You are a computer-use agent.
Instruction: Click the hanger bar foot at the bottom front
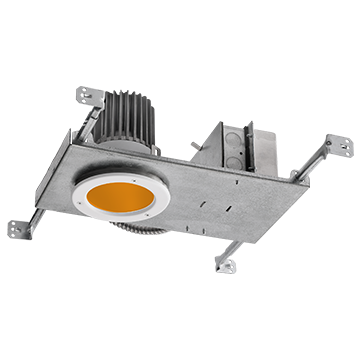click(227, 264)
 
